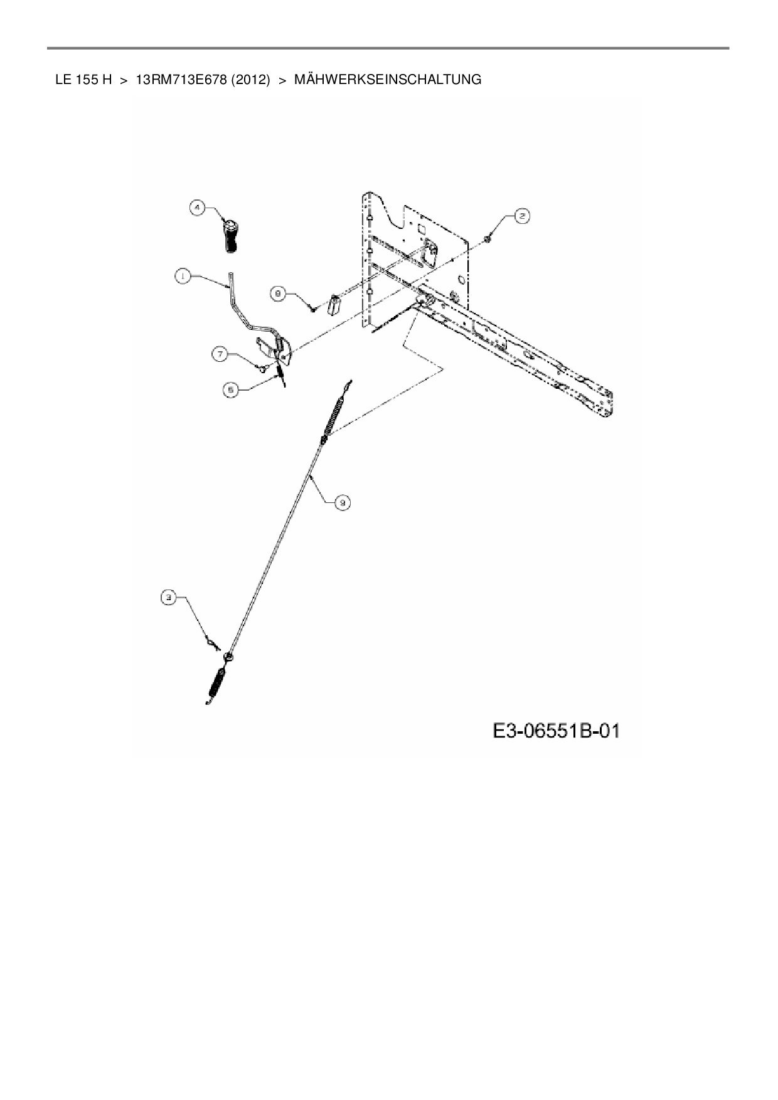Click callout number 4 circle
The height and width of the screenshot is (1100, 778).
coord(197,208)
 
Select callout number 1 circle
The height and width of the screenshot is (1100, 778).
coord(183,277)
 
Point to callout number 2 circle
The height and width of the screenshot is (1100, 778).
coord(521,216)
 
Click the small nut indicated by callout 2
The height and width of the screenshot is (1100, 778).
coord(488,238)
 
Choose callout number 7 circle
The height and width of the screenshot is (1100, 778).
coord(220,355)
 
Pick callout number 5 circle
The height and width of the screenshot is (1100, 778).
coord(231,389)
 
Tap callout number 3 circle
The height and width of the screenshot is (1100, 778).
coord(168,598)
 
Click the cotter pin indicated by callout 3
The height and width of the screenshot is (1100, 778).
coord(212,643)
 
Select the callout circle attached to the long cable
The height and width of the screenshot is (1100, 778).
coord(342,502)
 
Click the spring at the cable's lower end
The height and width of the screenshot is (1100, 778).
coord(217,684)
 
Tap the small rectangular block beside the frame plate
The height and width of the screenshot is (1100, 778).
coord(334,305)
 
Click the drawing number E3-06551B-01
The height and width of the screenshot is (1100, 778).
coord(556,731)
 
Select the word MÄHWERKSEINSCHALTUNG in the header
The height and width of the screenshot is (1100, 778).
coord(388,80)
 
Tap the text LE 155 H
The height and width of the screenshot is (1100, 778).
coord(83,80)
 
